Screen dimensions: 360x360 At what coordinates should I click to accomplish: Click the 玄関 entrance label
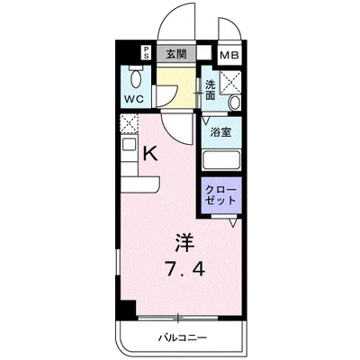(x=175, y=53)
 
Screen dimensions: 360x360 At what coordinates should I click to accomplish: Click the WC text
(x=136, y=96)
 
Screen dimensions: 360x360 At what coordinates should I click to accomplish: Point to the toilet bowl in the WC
(x=136, y=75)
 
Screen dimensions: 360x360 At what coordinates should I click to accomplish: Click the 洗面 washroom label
(x=211, y=90)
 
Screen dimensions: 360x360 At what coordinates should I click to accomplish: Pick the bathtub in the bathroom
(x=220, y=160)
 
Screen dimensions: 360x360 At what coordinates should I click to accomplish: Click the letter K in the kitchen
(x=151, y=154)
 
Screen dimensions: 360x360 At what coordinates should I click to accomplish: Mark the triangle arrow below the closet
(x=232, y=223)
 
